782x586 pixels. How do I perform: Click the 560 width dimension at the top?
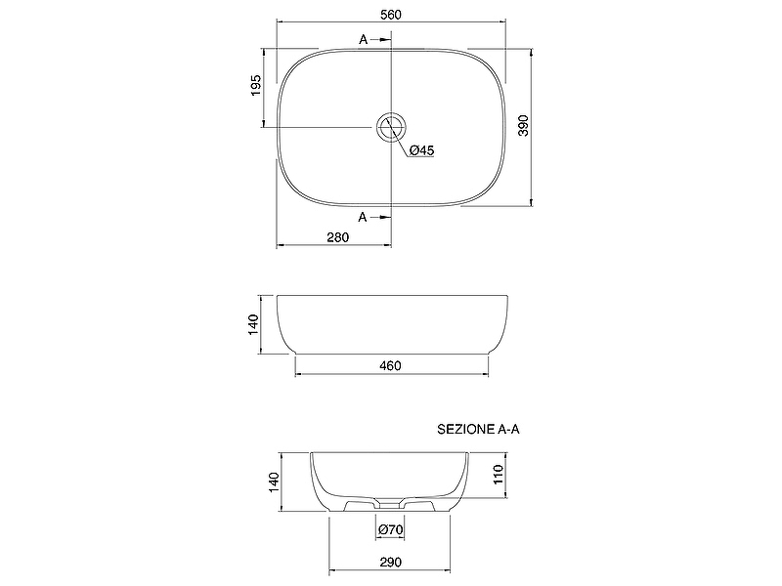tap(390, 15)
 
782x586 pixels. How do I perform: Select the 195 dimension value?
tap(255, 85)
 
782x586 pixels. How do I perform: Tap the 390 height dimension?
tap(523, 126)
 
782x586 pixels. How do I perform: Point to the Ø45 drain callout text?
tap(422, 150)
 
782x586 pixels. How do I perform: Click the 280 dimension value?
tap(337, 237)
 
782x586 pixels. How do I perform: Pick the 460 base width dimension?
tap(390, 365)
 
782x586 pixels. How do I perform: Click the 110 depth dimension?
tap(499, 475)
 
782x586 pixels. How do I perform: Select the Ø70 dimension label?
tap(390, 529)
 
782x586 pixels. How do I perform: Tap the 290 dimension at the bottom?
tap(390, 563)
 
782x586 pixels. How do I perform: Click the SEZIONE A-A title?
tap(478, 429)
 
